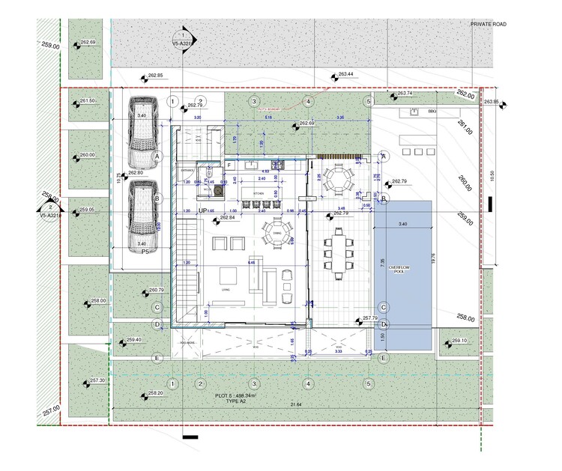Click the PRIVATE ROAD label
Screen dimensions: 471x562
coord(488,25)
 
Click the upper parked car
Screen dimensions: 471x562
coord(142,132)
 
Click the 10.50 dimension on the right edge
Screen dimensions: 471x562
coord(491,175)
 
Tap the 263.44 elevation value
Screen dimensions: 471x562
coord(345,75)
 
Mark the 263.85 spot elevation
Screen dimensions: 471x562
coord(492,102)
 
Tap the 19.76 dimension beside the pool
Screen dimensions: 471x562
coord(444,258)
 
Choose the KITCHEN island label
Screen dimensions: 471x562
coord(259,192)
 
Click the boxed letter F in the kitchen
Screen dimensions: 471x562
coord(229,163)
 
